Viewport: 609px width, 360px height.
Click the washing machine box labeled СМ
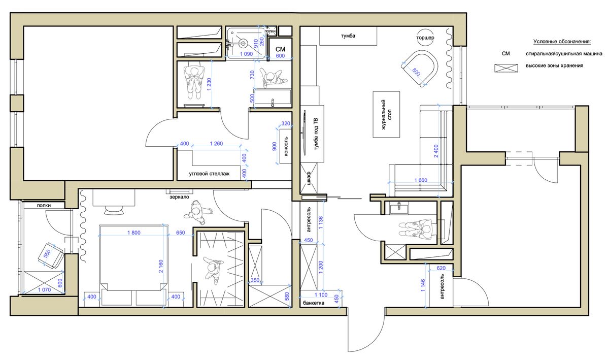tap(280, 48)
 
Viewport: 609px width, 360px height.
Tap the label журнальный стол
tap(386, 114)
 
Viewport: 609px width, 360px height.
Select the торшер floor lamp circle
tap(425, 37)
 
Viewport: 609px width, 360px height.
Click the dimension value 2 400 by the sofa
tap(436, 151)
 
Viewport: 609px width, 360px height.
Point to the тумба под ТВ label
tap(316, 134)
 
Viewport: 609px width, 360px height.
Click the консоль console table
tap(286, 146)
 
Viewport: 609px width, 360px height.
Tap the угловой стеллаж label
tap(209, 174)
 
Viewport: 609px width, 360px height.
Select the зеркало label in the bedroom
tap(179, 197)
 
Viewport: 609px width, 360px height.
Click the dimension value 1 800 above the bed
tap(134, 233)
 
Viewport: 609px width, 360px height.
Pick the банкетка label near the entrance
tap(314, 303)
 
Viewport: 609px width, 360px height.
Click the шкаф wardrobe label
tap(309, 178)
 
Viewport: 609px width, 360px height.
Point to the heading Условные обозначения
tap(562, 42)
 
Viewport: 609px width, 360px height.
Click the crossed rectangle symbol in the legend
tap(506, 68)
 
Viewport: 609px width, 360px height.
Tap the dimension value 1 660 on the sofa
tap(421, 180)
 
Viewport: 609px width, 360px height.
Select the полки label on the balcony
tap(44, 206)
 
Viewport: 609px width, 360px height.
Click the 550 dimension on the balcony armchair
tap(47, 254)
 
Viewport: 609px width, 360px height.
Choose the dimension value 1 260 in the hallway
tap(216, 143)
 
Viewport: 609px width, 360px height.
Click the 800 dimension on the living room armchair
tap(416, 72)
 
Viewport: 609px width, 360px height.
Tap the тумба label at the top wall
tap(348, 36)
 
